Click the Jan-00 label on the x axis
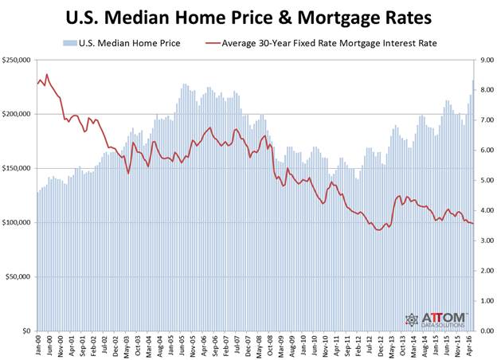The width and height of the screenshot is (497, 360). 38,343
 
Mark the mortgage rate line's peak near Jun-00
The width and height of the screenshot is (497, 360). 47,75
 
